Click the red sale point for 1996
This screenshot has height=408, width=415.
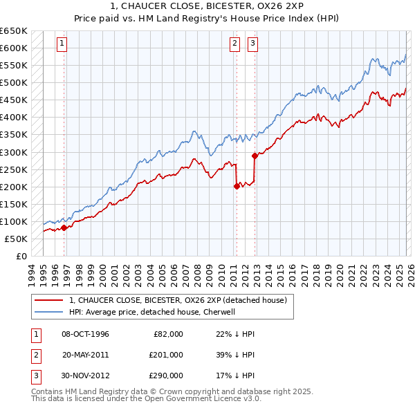click(x=64, y=228)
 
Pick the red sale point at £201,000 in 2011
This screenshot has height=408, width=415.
click(x=237, y=186)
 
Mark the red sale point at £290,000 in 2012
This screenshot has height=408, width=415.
click(x=255, y=156)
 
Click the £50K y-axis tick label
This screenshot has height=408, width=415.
click(x=16, y=239)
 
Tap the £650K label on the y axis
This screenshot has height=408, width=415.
click(x=14, y=31)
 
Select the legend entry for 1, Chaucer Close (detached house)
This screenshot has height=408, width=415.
click(x=182, y=300)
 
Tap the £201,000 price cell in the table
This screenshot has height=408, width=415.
click(x=165, y=355)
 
